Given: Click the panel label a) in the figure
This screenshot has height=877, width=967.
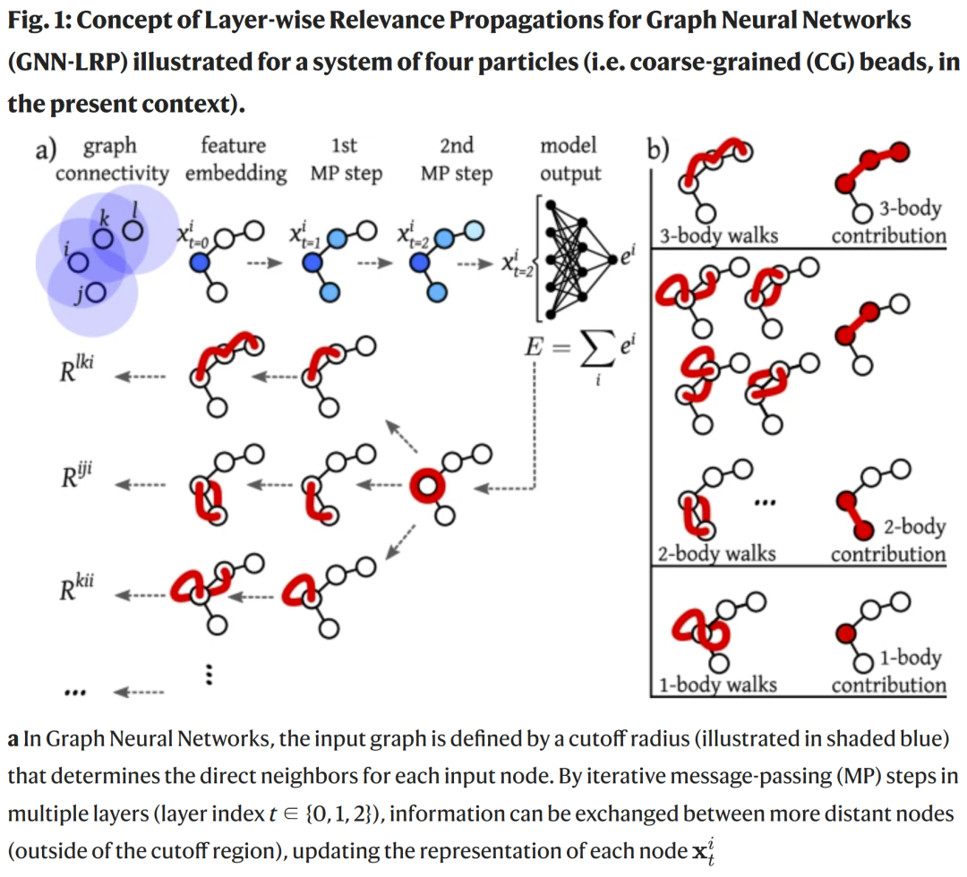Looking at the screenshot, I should (46, 149).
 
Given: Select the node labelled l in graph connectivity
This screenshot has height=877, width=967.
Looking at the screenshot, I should (133, 230).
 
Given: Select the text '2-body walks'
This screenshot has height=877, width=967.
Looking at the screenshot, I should (716, 553).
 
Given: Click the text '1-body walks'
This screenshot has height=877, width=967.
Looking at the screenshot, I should (716, 685).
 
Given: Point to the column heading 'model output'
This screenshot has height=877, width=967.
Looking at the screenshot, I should (569, 158).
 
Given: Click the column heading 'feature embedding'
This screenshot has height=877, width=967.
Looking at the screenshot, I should (235, 158).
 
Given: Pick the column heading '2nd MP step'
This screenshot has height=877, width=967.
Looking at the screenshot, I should (457, 158).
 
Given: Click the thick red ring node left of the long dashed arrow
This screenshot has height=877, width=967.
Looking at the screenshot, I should (426, 486).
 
